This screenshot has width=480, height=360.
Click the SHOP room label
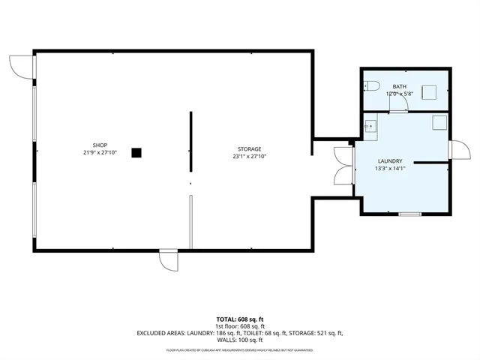(x=100, y=145)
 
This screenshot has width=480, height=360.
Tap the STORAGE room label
(x=250, y=148)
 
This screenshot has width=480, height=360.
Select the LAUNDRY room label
(x=390, y=161)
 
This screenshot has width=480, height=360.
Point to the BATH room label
(x=399, y=87)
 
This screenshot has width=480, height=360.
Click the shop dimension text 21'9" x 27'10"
(x=100, y=153)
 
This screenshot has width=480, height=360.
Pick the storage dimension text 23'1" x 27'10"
(x=250, y=157)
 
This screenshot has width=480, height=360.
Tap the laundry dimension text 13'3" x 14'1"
(x=390, y=169)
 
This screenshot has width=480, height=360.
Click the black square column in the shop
(x=136, y=152)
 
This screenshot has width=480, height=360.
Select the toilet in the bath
(x=372, y=85)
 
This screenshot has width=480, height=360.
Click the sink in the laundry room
(x=369, y=127)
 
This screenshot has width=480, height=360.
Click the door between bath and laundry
(x=398, y=105)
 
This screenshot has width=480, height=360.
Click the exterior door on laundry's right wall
(x=456, y=150)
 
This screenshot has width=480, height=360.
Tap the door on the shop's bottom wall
(x=168, y=260)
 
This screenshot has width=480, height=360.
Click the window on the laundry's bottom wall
(x=409, y=214)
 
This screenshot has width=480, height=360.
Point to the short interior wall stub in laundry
(x=430, y=161)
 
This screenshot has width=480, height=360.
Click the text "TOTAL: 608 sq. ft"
(x=240, y=319)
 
